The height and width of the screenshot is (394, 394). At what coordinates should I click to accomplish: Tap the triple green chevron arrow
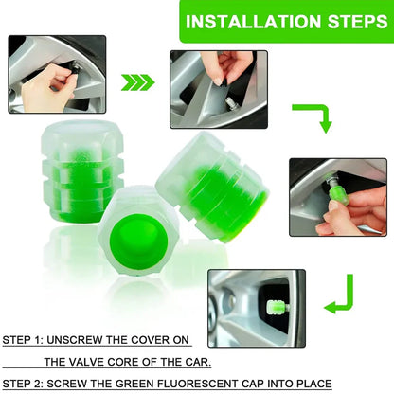coord(139,82)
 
